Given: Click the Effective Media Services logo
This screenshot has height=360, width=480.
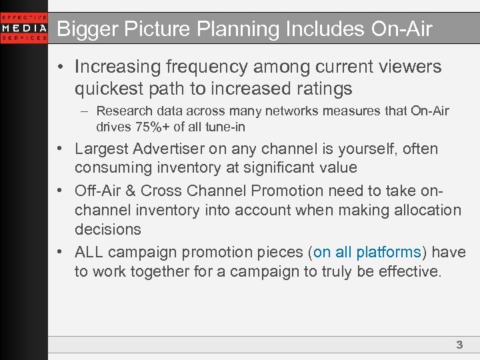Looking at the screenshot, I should pos(24,28).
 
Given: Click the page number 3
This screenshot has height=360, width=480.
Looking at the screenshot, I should pos(459,345).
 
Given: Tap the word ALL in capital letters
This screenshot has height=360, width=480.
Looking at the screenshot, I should pos(89,253).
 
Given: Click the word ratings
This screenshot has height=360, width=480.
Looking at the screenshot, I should pos(321,89).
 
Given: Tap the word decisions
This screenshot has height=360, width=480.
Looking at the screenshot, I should pos(108,230).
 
